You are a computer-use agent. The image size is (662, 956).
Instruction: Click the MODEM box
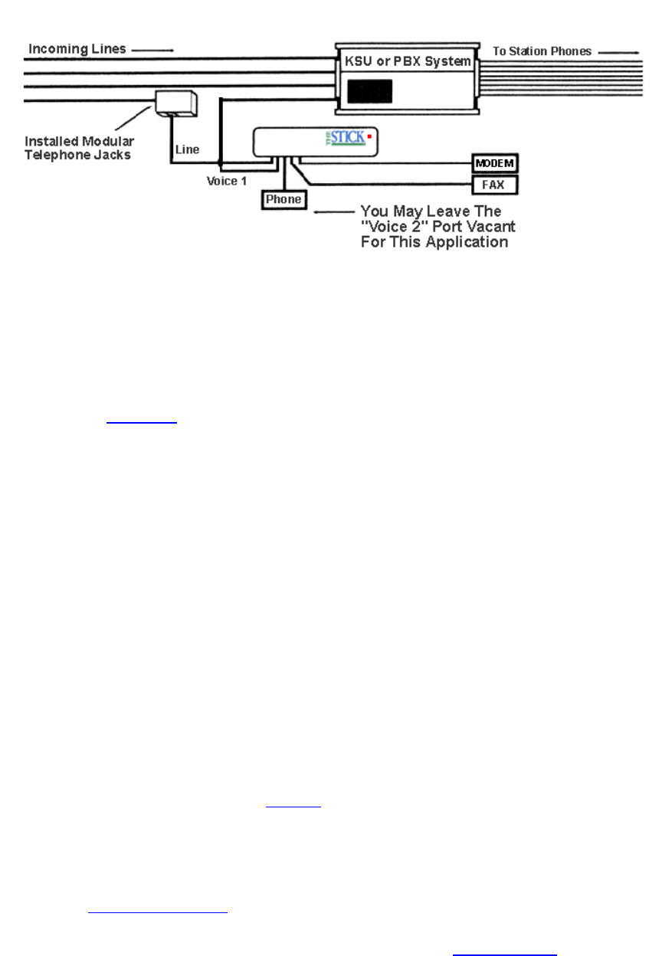[495, 164]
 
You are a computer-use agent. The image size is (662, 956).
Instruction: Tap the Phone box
[283, 200]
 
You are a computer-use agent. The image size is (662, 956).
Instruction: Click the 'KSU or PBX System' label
[407, 61]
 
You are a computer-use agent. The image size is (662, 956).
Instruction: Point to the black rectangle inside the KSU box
[370, 92]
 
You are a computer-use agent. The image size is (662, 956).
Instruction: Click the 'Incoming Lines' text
[77, 49]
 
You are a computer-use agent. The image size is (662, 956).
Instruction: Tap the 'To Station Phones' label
[542, 51]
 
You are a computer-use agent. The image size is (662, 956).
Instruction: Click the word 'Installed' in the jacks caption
[51, 142]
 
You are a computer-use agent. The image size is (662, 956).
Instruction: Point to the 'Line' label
[188, 149]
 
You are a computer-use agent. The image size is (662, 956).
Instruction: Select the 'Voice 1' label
[226, 181]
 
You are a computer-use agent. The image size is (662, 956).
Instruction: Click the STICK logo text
[349, 138]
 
